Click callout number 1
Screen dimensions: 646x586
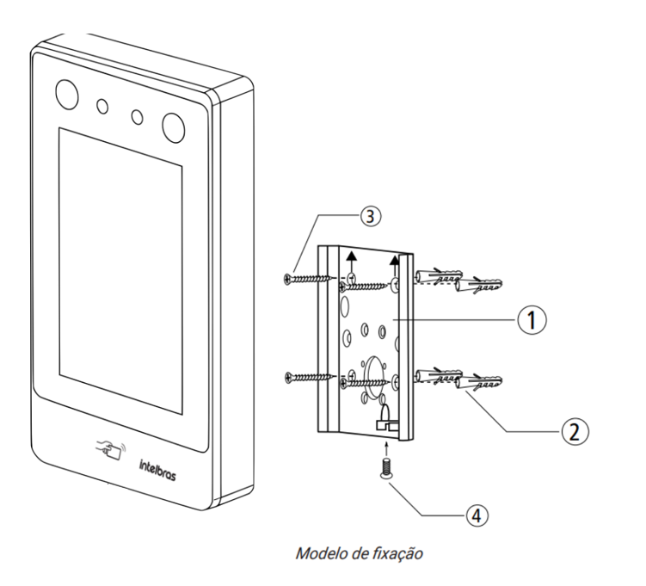(532, 320)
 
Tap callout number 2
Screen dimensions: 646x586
(575, 431)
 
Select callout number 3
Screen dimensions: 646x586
(371, 216)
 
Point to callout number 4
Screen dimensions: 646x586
(477, 515)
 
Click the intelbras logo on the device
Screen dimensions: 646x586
(157, 470)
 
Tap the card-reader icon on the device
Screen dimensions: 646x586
(111, 450)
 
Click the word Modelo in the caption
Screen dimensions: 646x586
(322, 553)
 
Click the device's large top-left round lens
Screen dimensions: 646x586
(67, 95)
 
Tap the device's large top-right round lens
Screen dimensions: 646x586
(173, 127)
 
